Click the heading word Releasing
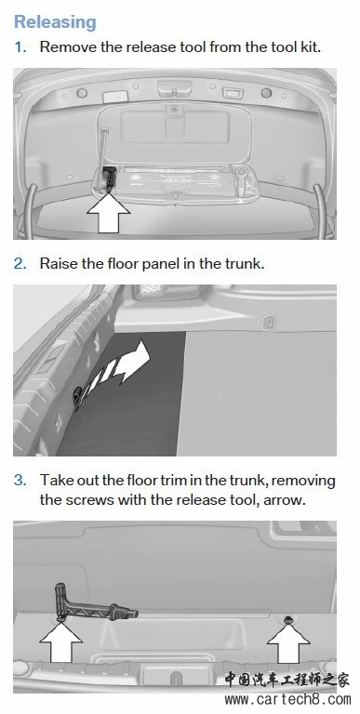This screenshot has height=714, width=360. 55,22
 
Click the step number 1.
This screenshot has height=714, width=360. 20,46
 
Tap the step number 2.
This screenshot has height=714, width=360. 20,263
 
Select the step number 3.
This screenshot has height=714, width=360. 20,480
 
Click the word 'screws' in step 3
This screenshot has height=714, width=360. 89,500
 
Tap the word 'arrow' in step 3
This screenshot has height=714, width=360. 285,500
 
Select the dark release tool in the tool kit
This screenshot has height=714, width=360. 109,178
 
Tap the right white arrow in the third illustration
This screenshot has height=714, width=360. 288,642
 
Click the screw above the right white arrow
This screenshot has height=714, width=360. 287,620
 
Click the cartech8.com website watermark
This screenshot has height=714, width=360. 287,699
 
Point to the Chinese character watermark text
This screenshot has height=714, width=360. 287,680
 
